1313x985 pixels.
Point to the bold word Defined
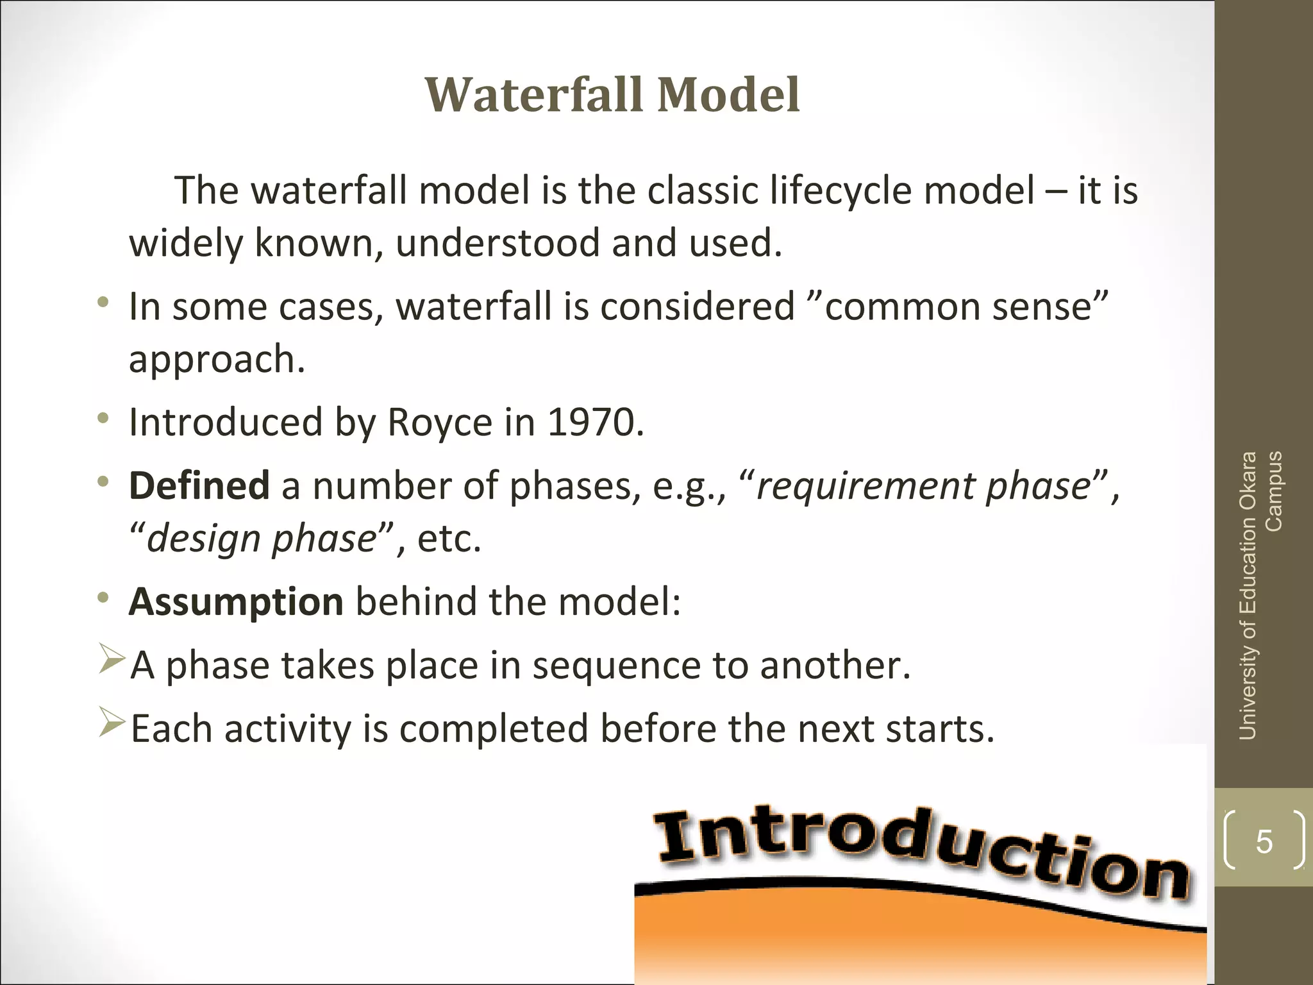coord(199,485)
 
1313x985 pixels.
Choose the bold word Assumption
coord(236,602)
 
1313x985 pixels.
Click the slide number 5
coord(1264,841)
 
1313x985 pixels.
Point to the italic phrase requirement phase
coord(923,486)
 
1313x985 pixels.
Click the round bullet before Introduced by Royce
coord(103,419)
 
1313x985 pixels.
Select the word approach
coord(216,359)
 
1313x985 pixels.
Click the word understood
coord(497,243)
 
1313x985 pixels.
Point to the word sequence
coord(616,666)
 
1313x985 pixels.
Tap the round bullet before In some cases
coord(103,303)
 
